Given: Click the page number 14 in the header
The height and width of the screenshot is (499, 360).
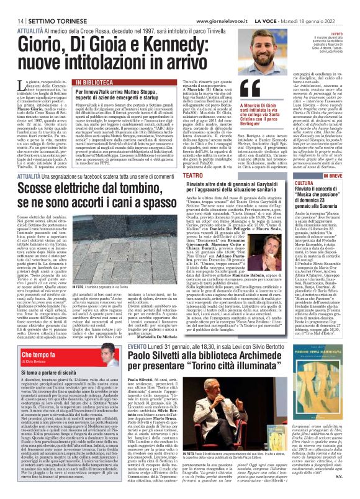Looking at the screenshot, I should tap(12, 6).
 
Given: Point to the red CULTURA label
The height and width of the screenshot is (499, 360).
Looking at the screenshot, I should tap(320, 184).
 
